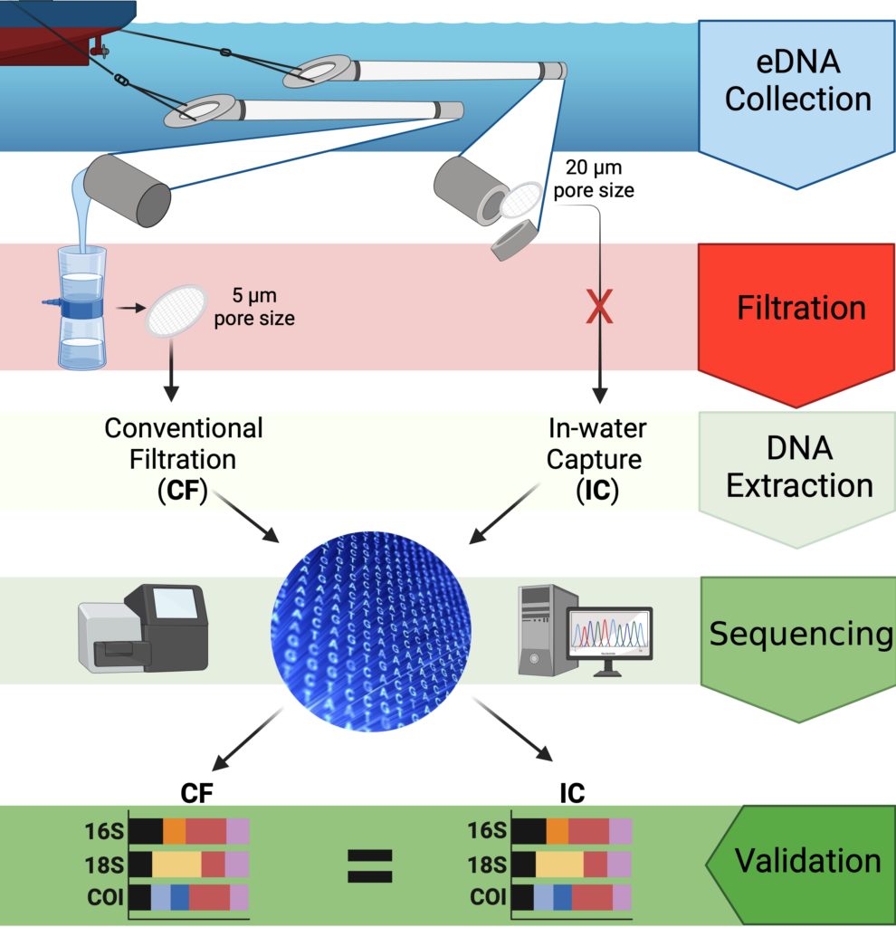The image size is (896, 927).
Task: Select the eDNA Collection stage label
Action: point(797,82)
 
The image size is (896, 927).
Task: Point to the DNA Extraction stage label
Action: point(799,467)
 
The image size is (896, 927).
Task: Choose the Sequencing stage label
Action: point(800,634)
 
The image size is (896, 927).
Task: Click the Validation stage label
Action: point(807,860)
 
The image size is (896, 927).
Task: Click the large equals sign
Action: point(371,865)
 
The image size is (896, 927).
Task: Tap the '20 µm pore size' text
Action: point(594,179)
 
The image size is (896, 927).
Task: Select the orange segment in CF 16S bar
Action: point(174,831)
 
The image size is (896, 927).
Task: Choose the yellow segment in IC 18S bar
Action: point(559,865)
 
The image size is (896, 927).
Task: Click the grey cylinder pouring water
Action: point(127,188)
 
